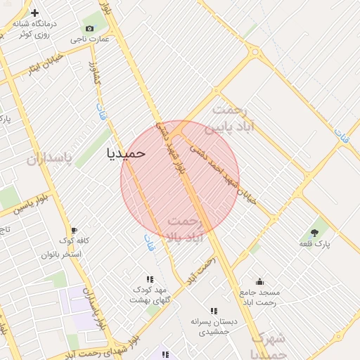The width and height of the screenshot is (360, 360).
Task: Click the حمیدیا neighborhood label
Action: click(x=126, y=153)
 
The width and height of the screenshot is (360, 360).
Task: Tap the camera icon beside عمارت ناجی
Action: click(x=89, y=28)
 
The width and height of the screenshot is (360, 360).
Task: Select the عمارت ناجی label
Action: click(x=89, y=39)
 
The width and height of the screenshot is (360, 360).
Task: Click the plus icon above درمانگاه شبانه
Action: click(x=34, y=13)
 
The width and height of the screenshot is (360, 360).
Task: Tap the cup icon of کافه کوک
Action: click(x=74, y=230)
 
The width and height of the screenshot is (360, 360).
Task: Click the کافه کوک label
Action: click(x=74, y=241)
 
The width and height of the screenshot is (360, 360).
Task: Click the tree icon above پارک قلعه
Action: click(x=314, y=233)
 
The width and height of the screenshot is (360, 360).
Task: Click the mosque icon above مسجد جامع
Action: click(x=260, y=281)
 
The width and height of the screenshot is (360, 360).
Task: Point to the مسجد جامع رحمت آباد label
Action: click(x=260, y=297)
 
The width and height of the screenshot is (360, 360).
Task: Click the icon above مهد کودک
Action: click(x=149, y=279)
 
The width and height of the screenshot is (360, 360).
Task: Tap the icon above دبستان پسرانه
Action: click(x=213, y=311)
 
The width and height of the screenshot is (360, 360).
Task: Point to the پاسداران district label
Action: click(x=49, y=159)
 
